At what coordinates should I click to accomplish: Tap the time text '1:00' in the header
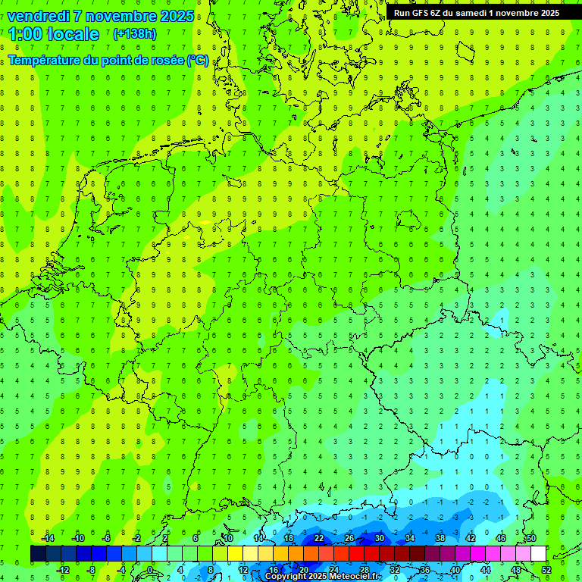[24, 34]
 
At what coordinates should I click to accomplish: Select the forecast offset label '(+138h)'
[135, 33]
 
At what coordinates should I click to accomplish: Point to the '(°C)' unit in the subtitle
[199, 60]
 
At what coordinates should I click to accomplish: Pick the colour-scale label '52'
[546, 570]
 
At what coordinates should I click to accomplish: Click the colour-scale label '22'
[319, 538]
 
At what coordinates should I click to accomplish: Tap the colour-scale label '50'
[530, 538]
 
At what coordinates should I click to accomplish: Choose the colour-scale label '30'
[379, 538]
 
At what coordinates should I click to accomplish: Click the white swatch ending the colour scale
[538, 554]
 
